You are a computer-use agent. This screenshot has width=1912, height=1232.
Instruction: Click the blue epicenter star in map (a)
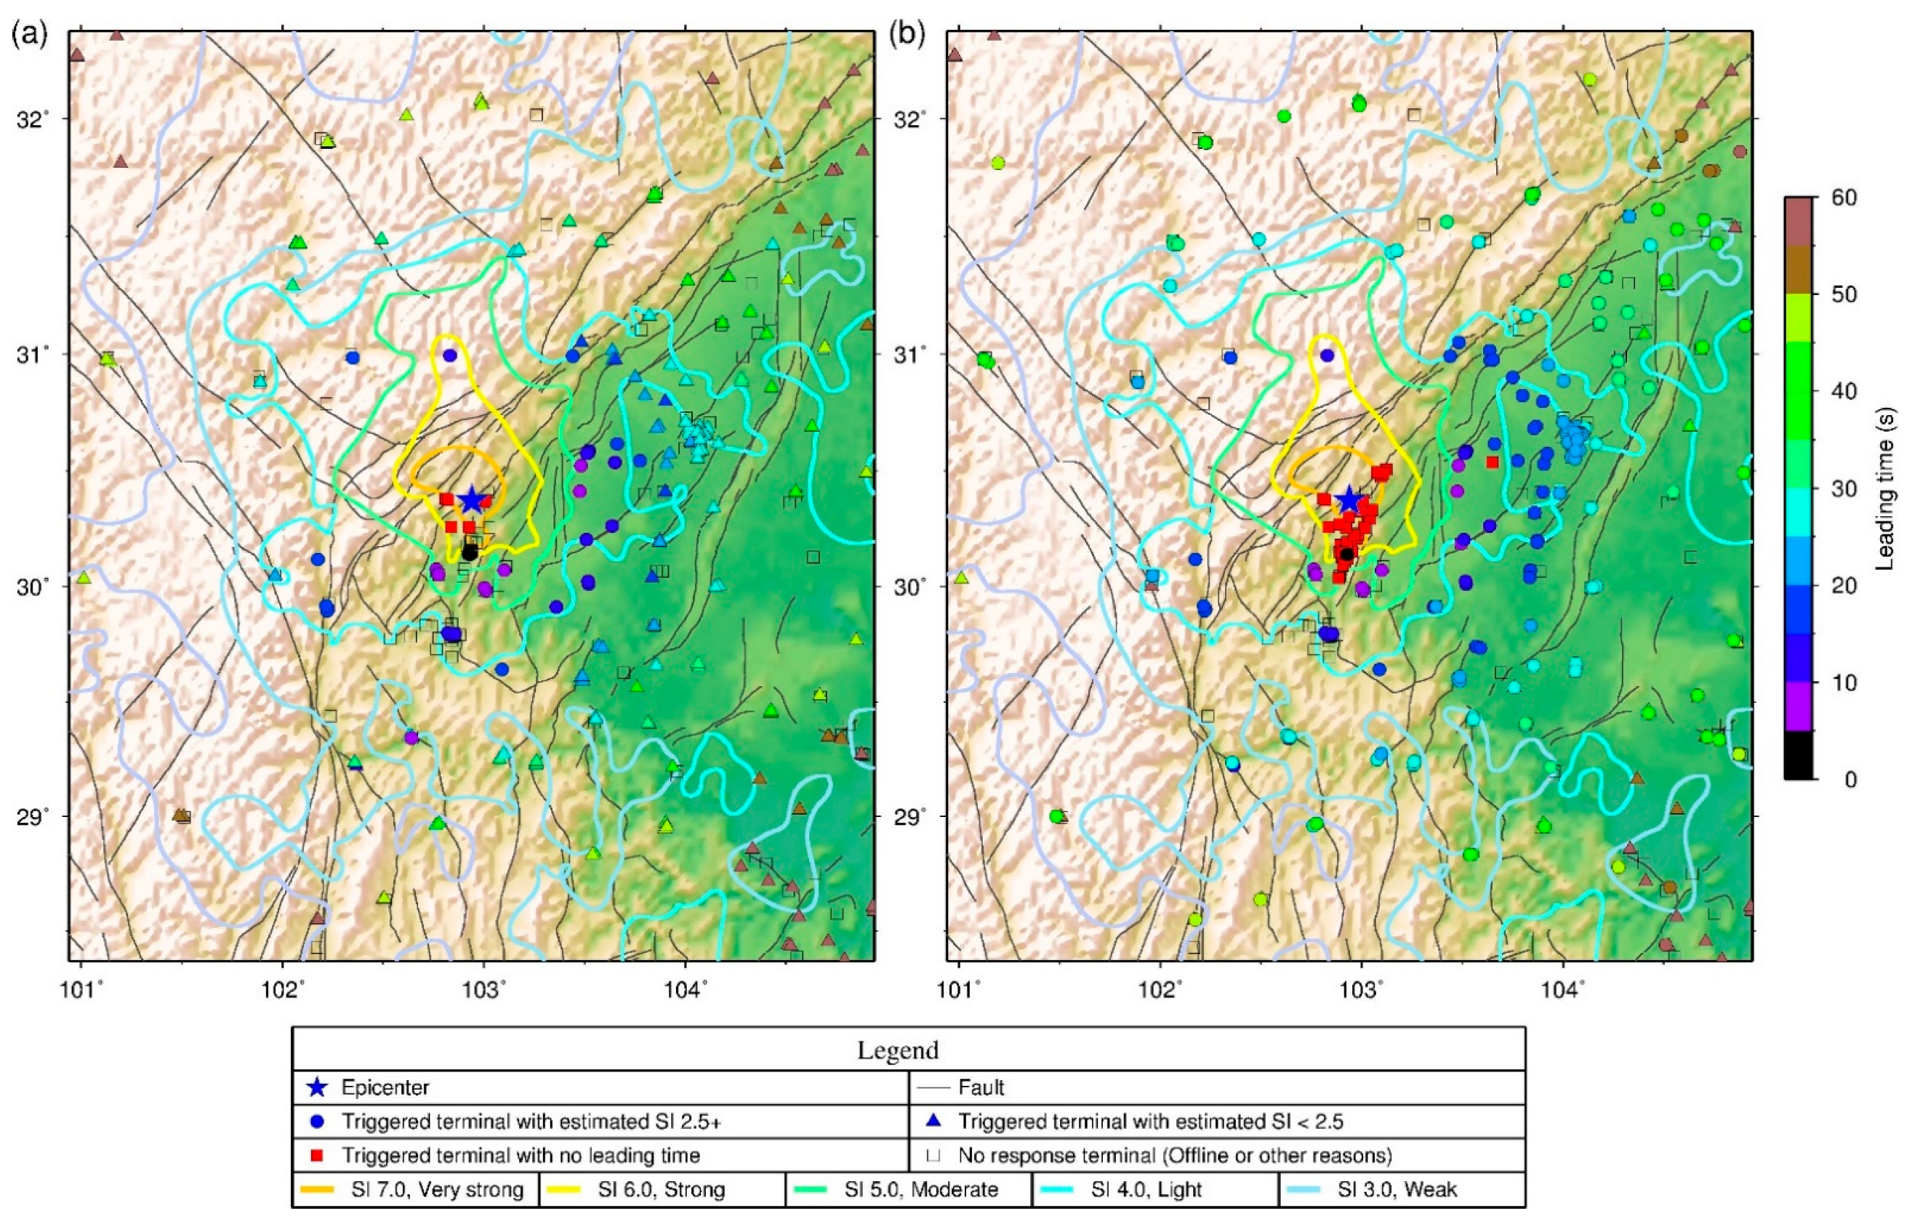tap(471, 499)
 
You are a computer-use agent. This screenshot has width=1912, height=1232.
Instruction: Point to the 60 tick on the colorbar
tap(1844, 197)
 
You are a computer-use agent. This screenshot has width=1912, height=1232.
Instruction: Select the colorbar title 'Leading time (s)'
tap(1885, 488)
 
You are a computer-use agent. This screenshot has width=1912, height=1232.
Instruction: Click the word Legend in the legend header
tap(897, 1050)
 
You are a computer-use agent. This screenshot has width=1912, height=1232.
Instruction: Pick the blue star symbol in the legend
tap(318, 1087)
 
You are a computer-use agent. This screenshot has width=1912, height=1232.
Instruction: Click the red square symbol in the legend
tap(317, 1156)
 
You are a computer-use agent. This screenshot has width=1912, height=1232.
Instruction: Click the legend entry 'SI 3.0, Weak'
tap(1397, 1190)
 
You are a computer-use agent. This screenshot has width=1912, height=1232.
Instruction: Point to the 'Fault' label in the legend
tap(981, 1087)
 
